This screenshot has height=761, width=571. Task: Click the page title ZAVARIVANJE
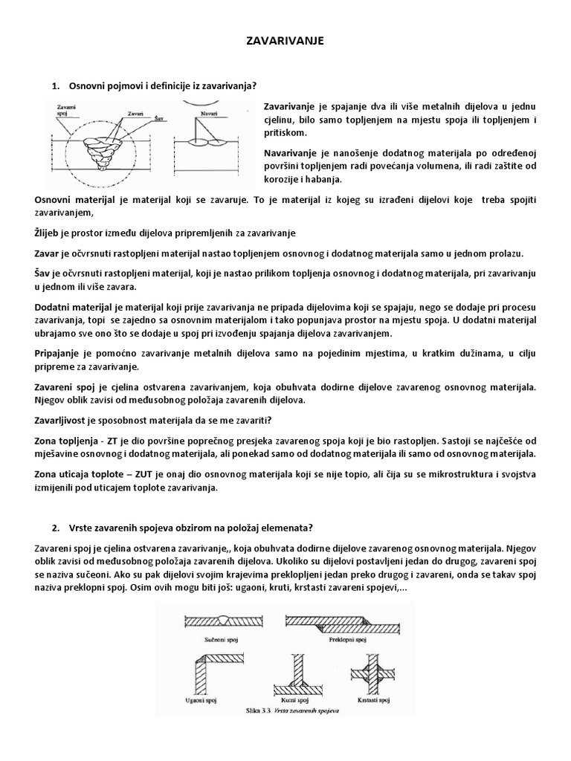coord(285,42)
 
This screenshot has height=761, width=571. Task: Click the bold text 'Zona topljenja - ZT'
coord(76,440)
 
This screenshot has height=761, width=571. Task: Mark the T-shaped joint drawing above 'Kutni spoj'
coord(294,673)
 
